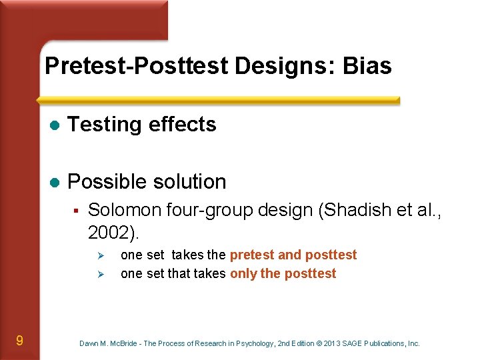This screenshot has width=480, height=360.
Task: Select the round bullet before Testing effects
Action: click(x=55, y=125)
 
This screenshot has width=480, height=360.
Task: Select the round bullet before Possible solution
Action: click(x=55, y=182)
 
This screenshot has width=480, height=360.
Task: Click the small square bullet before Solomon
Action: click(x=77, y=211)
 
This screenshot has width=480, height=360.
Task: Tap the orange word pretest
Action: click(x=252, y=255)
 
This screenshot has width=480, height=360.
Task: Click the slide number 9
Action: click(x=19, y=341)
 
